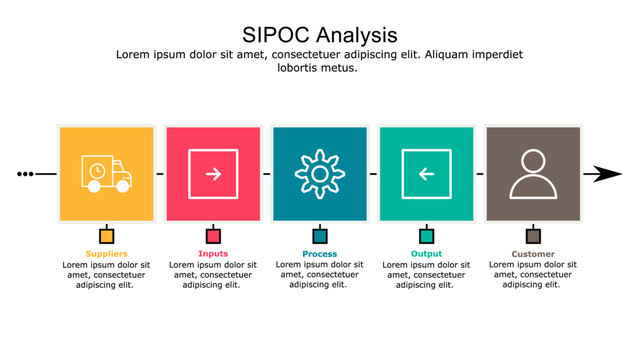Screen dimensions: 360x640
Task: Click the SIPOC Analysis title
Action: pos(319,35)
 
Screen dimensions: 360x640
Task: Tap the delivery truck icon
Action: pos(106,174)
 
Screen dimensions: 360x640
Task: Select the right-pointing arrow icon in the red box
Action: pos(213,174)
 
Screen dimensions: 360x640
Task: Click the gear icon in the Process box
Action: pos(319,174)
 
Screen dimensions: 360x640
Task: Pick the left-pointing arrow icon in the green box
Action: pos(426,174)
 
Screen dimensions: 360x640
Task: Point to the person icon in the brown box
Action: pos(533,174)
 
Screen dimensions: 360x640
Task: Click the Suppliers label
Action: pos(106,254)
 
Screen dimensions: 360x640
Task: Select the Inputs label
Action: pos(213,254)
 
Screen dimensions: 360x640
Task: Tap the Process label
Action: pos(319,254)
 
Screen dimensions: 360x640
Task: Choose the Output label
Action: pos(426,254)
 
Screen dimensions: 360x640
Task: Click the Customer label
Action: pos(533,254)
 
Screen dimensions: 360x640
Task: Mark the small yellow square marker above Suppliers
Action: pos(106,236)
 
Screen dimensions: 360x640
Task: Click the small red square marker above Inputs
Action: pos(213,236)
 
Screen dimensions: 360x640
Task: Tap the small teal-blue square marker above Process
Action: pos(320,236)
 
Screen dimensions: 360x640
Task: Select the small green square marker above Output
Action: pos(426,236)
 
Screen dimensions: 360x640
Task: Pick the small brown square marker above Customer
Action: pos(533,236)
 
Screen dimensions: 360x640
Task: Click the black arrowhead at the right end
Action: pos(606,174)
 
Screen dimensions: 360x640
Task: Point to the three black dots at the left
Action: pos(25,174)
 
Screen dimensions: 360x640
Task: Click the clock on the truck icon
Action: pos(96,172)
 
